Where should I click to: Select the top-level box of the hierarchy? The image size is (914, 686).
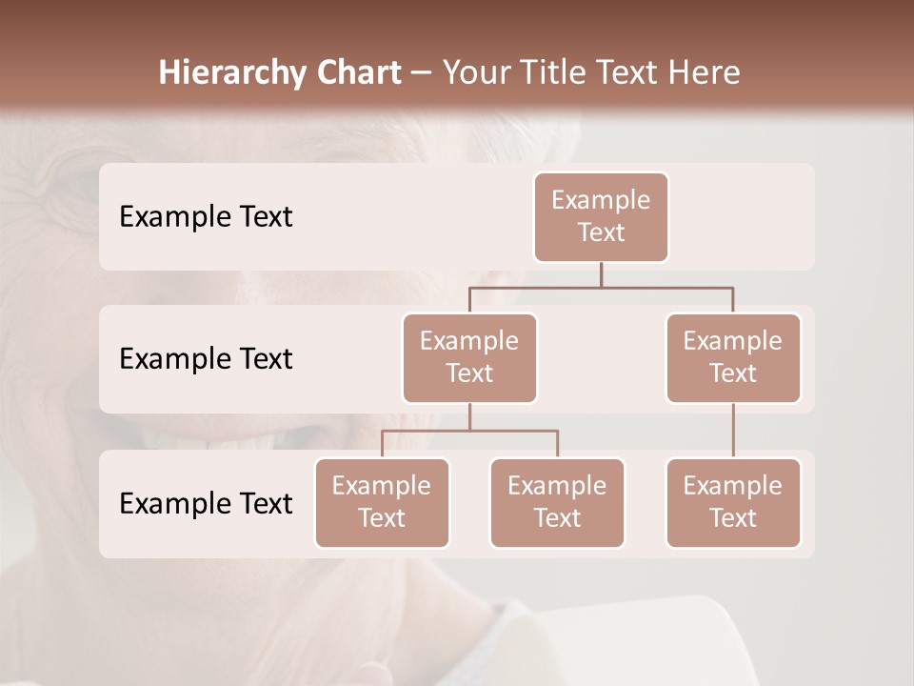[601, 217]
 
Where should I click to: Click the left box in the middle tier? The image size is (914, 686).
[469, 358]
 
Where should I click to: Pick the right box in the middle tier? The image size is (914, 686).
[733, 358]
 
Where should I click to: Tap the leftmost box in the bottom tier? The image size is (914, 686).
[382, 503]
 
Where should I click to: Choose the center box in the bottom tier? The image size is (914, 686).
[557, 503]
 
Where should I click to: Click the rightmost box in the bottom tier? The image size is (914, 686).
[733, 503]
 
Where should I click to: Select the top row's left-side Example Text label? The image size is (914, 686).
[206, 217]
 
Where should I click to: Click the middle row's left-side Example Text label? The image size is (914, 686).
[206, 359]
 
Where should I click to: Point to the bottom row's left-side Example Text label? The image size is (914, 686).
[206, 504]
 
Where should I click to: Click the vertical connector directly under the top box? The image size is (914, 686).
[601, 274]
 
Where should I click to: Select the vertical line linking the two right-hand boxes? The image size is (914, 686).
[733, 431]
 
